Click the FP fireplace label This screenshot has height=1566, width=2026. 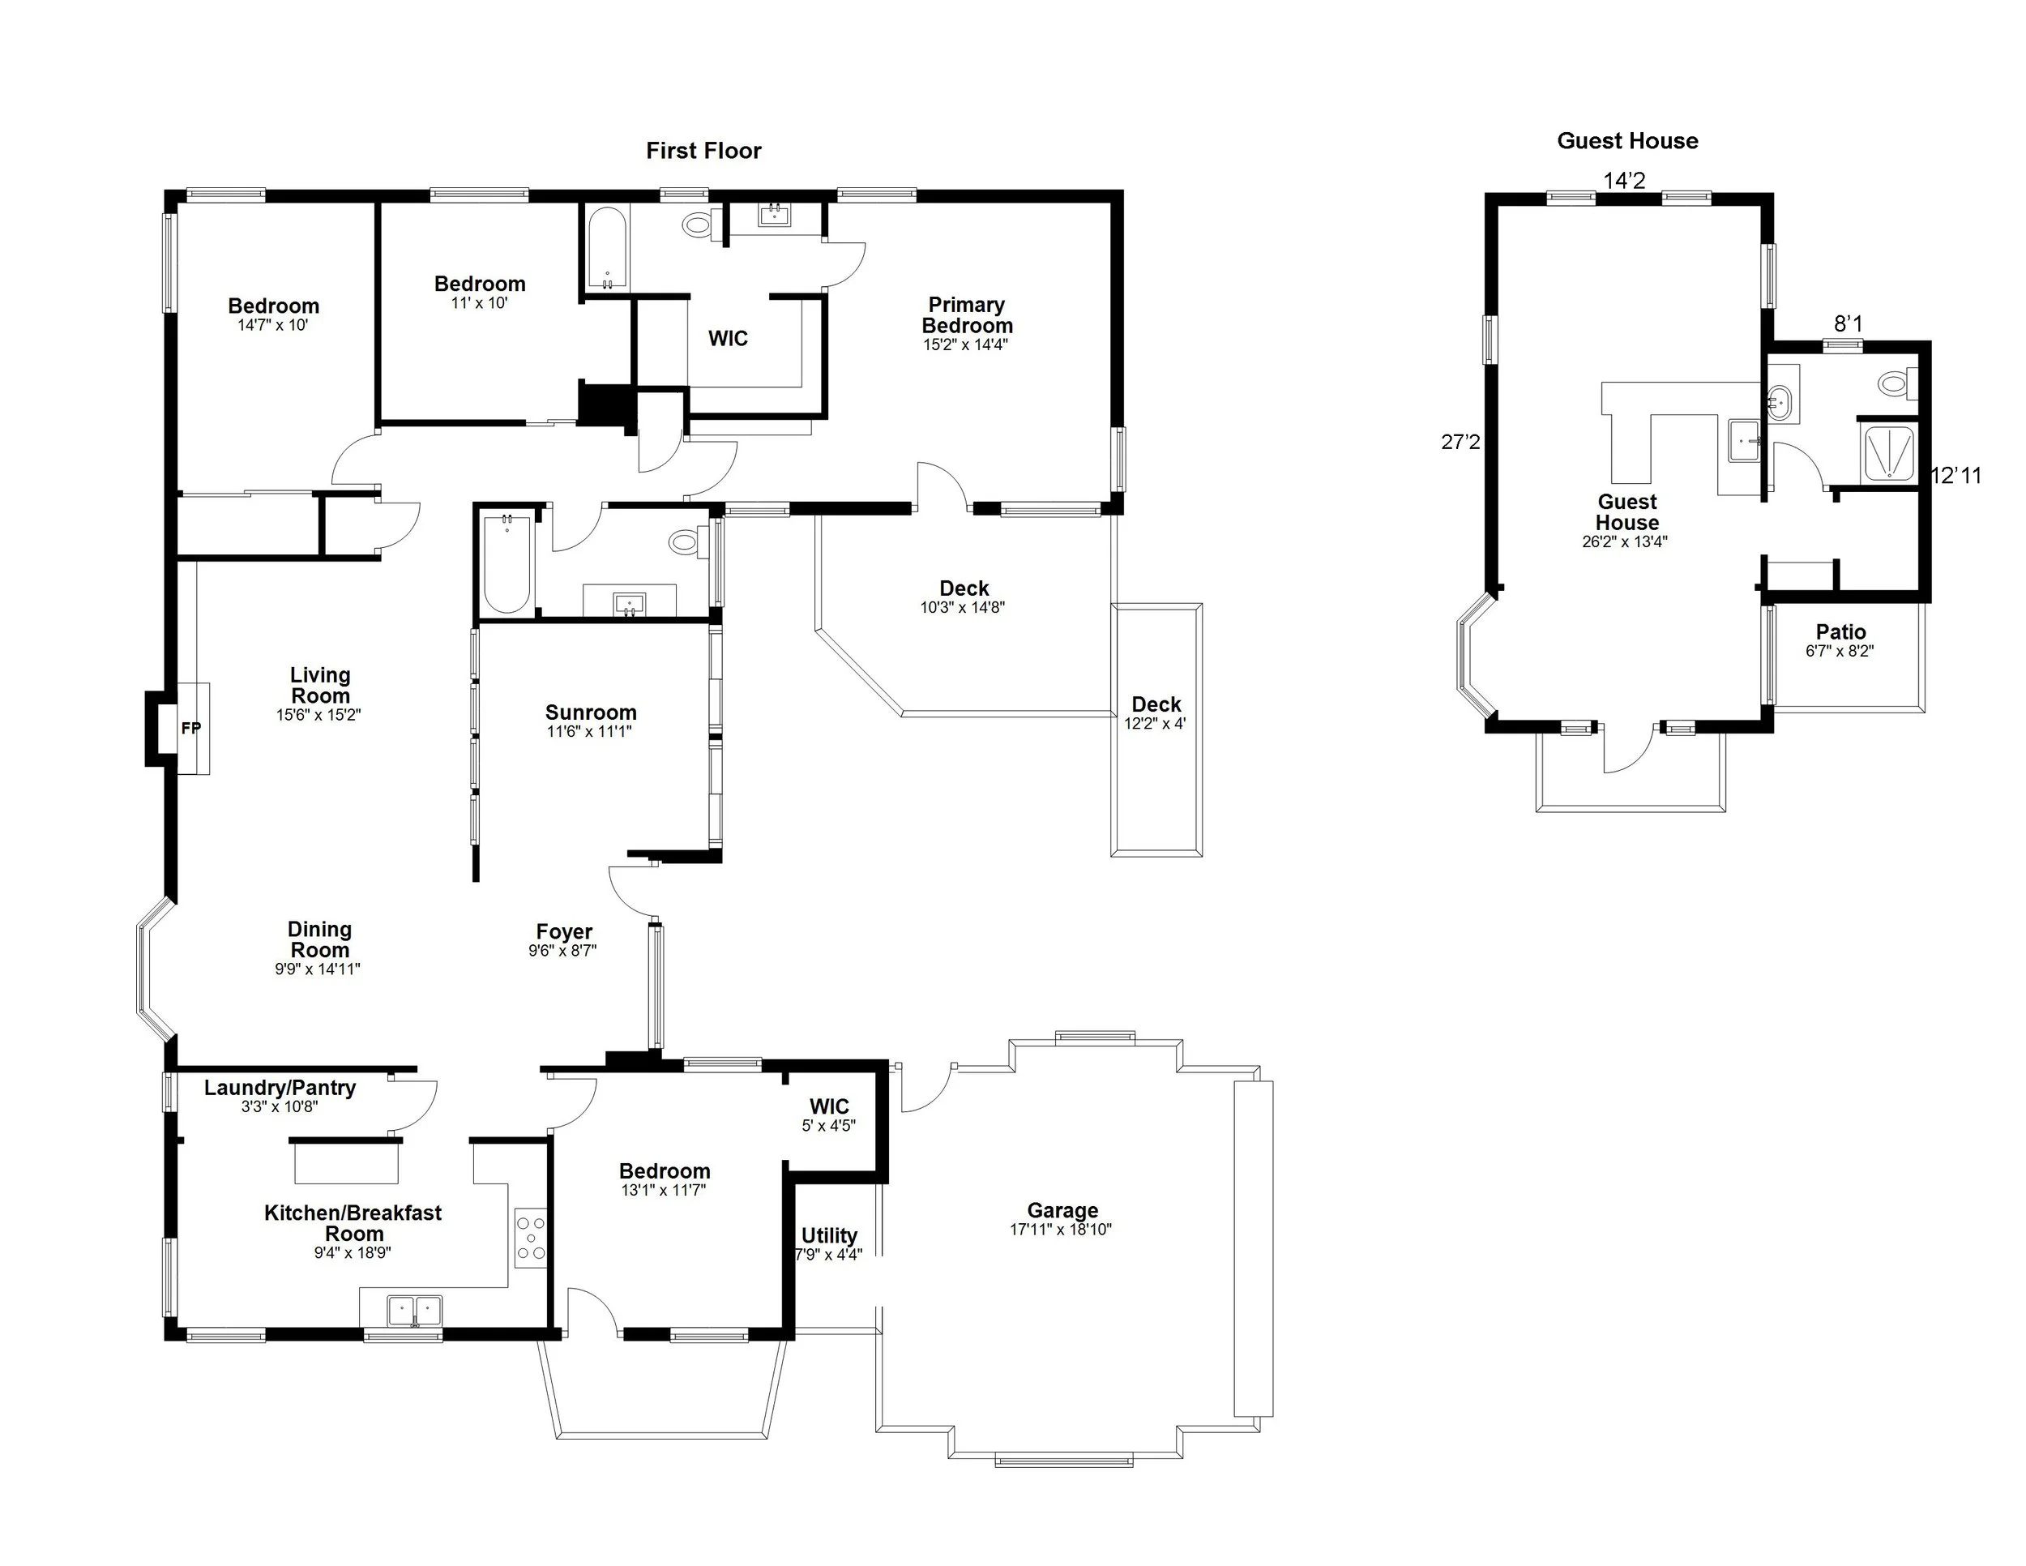click(x=190, y=728)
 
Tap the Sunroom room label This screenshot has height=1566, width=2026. click(x=591, y=712)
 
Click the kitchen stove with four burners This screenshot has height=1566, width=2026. click(x=531, y=1238)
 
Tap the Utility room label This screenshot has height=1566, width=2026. click(x=829, y=1236)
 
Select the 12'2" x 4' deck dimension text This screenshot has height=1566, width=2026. click(x=1155, y=724)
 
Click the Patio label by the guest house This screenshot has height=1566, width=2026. click(x=1840, y=631)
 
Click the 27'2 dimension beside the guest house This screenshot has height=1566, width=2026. click(x=1460, y=443)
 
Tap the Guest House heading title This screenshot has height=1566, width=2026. click(x=1627, y=141)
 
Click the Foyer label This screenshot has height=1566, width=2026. click(x=564, y=931)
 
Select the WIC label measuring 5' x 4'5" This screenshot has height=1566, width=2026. click(x=828, y=1106)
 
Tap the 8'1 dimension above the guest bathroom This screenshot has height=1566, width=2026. click(x=1848, y=323)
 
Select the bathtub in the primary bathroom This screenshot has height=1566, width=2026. click(x=607, y=249)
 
